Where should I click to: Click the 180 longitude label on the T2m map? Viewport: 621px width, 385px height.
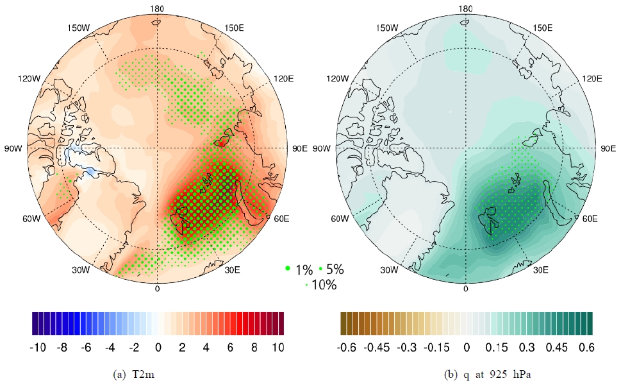coord(157,8)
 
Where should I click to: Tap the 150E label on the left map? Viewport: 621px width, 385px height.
coord(233,28)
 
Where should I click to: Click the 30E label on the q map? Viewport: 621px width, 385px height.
coord(540,270)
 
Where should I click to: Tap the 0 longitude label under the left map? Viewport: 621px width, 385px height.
coord(157,289)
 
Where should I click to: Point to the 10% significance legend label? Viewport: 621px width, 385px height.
coord(323,285)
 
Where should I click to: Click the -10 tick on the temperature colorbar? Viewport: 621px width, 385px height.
coord(38,347)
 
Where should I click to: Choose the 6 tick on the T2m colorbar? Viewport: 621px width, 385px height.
coord(230,347)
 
